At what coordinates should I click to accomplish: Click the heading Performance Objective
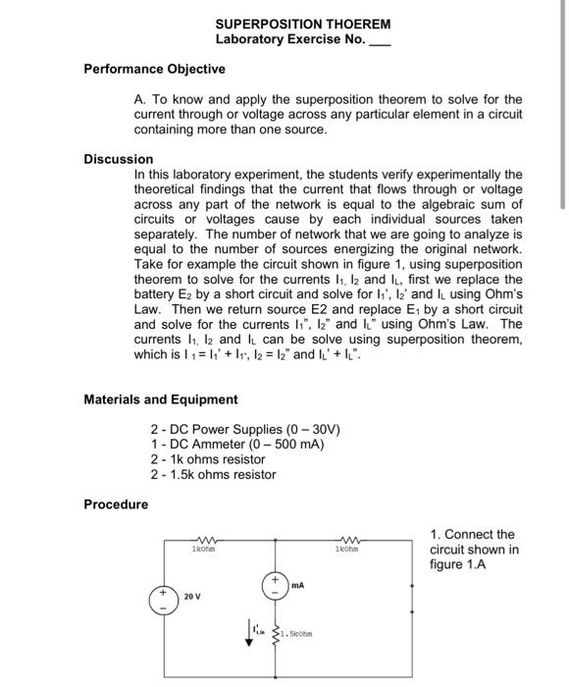click(x=154, y=69)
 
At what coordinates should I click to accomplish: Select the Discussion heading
click(x=119, y=158)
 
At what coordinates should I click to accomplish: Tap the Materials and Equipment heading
click(x=161, y=399)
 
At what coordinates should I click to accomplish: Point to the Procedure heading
click(x=117, y=504)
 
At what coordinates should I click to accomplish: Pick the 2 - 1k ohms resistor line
click(x=208, y=459)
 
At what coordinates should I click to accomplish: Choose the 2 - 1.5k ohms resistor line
click(x=214, y=474)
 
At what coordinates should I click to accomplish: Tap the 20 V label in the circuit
click(x=193, y=596)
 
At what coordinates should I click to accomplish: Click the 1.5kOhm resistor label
click(x=297, y=633)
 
